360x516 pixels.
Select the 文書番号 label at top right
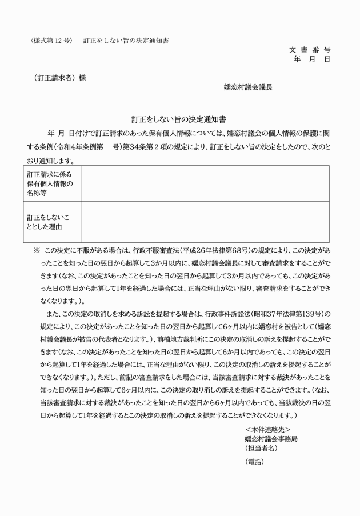[x=310, y=50]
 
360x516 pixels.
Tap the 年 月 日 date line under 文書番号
[x=311, y=59]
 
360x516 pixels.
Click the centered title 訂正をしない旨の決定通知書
[x=179, y=120]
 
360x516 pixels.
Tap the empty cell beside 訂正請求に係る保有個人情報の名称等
[x=205, y=183]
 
